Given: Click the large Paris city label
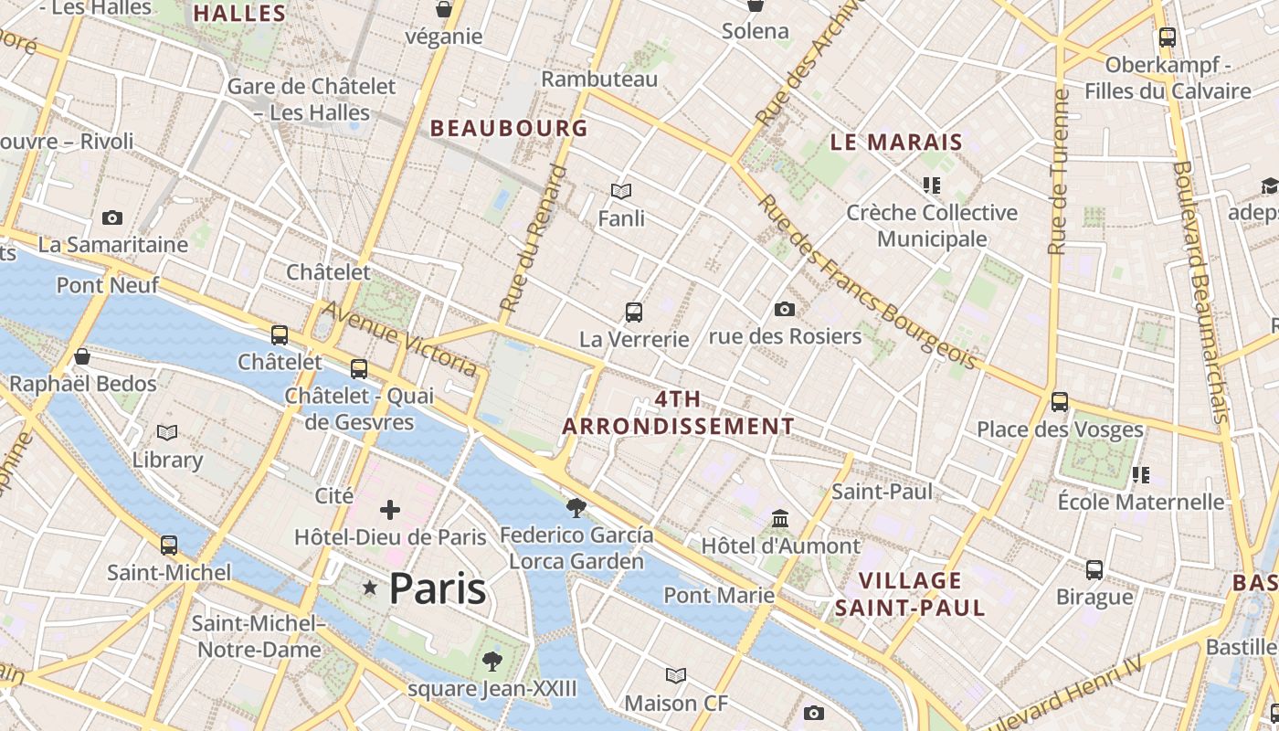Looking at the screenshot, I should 438,588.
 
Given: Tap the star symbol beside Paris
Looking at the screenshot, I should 370,588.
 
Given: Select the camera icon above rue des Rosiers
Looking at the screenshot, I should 784,309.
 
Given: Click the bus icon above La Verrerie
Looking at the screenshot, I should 634,313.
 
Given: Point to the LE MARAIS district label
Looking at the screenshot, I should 896,142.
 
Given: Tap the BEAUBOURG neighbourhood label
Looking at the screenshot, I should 509,129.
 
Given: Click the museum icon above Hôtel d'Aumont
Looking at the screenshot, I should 780,519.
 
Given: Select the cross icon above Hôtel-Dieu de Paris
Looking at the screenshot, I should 390,510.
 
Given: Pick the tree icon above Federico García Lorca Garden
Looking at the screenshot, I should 576,507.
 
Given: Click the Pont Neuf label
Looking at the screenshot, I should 108,285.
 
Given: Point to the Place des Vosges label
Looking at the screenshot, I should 1060,429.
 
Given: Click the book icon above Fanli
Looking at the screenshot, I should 621,191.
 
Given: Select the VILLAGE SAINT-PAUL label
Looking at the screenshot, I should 910,594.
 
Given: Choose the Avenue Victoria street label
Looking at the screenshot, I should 400,338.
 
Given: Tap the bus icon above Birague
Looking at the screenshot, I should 1094,570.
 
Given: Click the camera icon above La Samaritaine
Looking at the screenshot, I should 112,217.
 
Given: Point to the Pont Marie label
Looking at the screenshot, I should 719,596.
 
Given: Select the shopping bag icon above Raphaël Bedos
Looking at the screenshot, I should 82,356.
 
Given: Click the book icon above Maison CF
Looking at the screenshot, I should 676,675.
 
